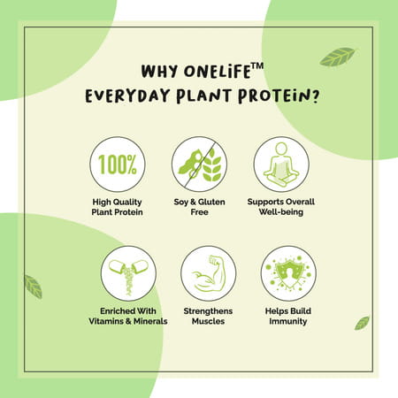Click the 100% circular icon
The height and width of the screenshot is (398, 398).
[x=118, y=165]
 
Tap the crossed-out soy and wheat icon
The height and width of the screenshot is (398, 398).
[x=199, y=165]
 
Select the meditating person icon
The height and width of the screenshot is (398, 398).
[x=281, y=165]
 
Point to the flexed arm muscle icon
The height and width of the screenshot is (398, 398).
[x=208, y=273]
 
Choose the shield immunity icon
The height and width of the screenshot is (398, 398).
[x=289, y=273]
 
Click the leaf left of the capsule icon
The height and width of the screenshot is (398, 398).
[x=33, y=287]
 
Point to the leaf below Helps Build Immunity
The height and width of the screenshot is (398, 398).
[x=361, y=323]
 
